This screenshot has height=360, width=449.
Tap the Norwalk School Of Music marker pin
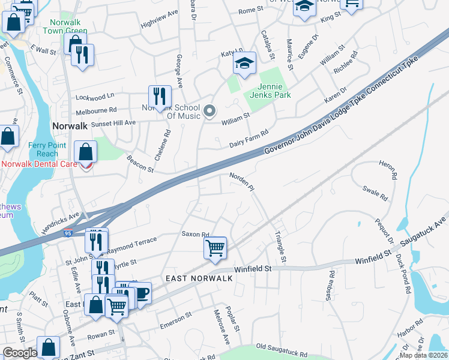click(x=209, y=111)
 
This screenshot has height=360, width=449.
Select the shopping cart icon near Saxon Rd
click(x=215, y=247)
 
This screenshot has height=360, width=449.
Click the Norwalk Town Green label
click(x=65, y=26)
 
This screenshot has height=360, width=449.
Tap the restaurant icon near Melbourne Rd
click(x=160, y=96)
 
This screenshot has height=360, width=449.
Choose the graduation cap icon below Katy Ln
click(x=244, y=63)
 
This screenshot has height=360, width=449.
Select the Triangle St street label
click(x=280, y=245)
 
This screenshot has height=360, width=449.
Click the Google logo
click(x=20, y=353)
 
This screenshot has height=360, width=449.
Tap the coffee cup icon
click(x=140, y=292)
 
